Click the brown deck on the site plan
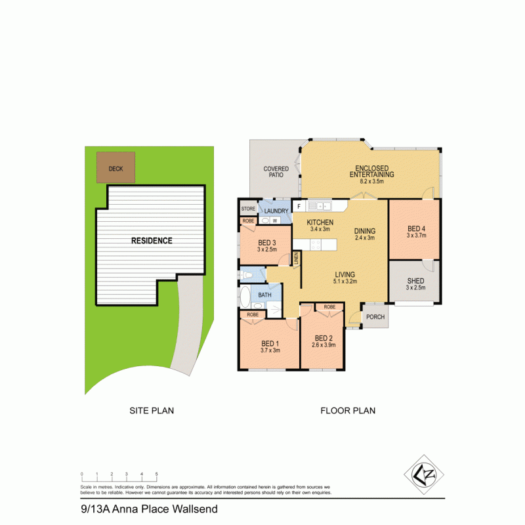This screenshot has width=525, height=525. pos(115,168)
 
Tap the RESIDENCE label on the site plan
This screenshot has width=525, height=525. pos(152,241)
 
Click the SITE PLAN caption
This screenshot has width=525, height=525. pos(152,411)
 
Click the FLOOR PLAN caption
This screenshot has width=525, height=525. pos(348,411)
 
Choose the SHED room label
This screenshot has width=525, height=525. pos(416,281)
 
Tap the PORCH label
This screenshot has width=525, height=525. pos(375,316)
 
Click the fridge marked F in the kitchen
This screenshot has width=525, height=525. pos(299,206)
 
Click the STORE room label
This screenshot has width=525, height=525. pos(248,209)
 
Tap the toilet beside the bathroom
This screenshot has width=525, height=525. pos(243,274)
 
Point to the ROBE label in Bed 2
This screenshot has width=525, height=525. pos(329,307)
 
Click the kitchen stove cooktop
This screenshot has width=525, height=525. pos(315,244)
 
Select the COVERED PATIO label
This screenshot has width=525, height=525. pos(276,173)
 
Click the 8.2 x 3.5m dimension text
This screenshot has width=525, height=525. pos(371,181)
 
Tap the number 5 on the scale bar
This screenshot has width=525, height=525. pos(156,474)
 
